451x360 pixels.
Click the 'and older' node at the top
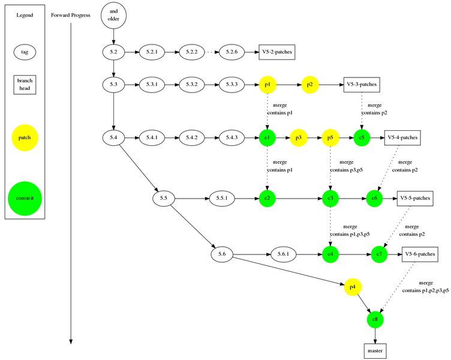(113, 15)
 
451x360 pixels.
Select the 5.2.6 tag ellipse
(232, 52)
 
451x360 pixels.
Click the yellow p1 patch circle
(267, 85)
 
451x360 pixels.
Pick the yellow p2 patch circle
(309, 85)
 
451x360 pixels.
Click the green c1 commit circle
(267, 138)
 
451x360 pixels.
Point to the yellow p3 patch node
(299, 138)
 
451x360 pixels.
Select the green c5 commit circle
(362, 138)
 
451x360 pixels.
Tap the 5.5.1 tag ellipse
(221, 197)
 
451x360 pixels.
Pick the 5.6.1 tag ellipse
(284, 254)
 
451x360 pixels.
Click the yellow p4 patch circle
(352, 287)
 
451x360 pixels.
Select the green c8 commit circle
(375, 319)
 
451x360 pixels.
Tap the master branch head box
(375, 350)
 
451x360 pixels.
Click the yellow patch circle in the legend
(25, 138)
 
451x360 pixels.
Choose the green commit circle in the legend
(25, 198)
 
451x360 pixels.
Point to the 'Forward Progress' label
(71, 15)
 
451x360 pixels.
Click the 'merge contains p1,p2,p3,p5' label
(426, 286)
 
